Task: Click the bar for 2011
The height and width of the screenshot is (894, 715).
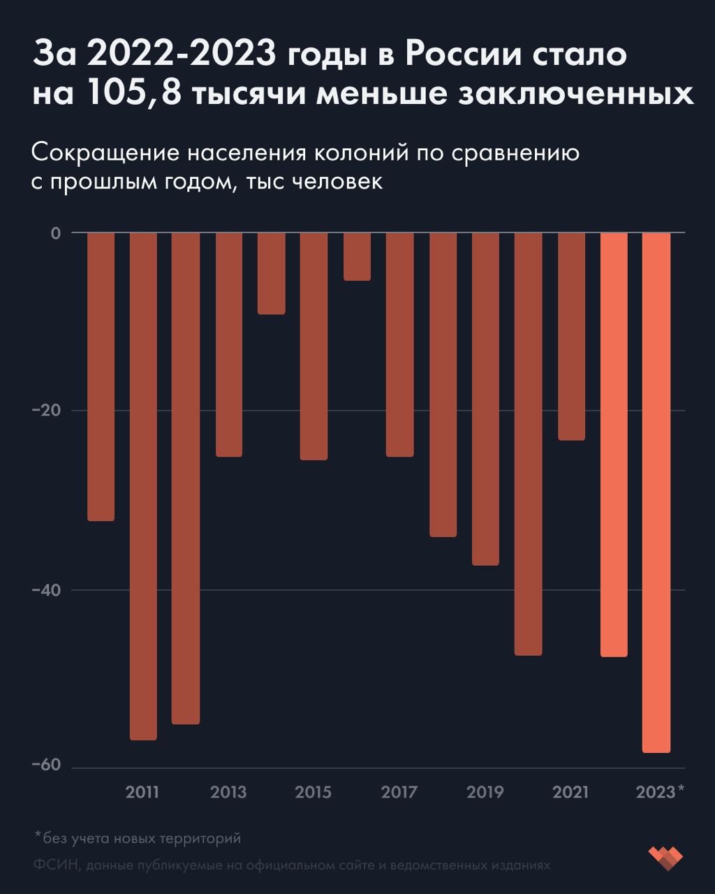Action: pyautogui.click(x=143, y=485)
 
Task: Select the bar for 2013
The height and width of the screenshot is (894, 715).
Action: pyautogui.click(x=229, y=344)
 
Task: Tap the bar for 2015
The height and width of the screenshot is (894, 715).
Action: pyautogui.click(x=314, y=346)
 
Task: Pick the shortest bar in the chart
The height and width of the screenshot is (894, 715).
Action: pyautogui.click(x=357, y=256)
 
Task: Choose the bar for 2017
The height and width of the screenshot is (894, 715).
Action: pyautogui.click(x=399, y=344)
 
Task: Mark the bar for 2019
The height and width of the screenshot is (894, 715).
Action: pyautogui.click(x=485, y=398)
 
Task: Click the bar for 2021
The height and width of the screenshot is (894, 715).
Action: pyautogui.click(x=571, y=336)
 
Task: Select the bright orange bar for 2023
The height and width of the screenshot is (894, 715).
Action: pyautogui.click(x=656, y=492)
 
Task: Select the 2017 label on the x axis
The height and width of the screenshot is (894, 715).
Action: pyautogui.click(x=399, y=793)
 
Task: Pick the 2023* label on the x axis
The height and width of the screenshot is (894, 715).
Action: pyautogui.click(x=660, y=793)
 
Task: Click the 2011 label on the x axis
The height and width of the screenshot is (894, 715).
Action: pyautogui.click(x=142, y=793)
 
